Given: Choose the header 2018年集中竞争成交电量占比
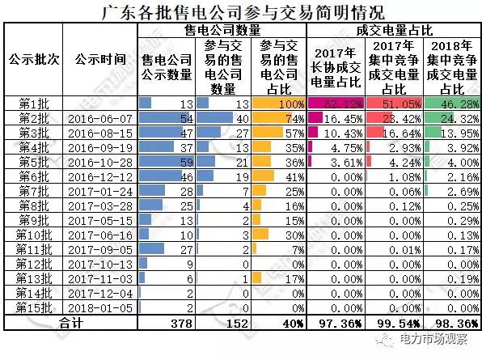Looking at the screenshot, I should point(450,66).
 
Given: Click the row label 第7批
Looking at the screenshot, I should point(33,190).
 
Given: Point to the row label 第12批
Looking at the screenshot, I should point(33,263).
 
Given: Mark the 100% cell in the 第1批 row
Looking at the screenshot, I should point(279,103).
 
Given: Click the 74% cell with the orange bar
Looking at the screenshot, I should point(279,117).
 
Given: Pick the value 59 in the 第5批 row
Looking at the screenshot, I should point(166,161).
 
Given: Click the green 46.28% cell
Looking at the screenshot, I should point(450,103).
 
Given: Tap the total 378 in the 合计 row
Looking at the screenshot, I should point(166,322).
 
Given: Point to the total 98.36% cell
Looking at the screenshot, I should point(450,322).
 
